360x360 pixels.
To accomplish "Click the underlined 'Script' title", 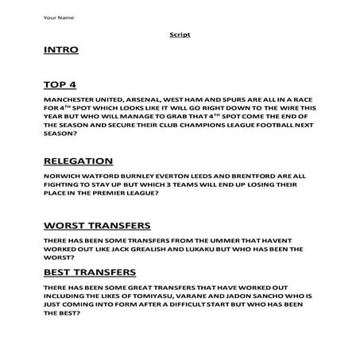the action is pos(180,35).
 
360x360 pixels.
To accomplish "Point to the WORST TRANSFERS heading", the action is pos(98,225).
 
